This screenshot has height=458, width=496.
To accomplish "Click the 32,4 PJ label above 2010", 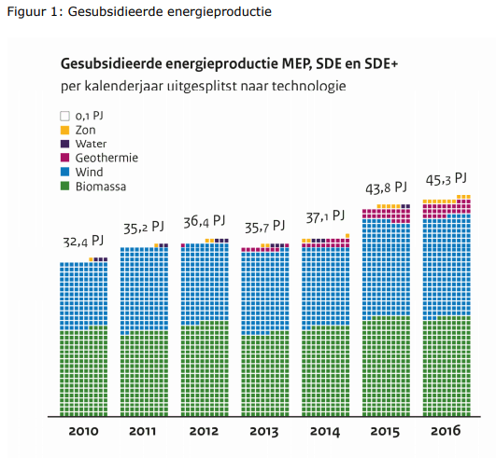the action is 83,242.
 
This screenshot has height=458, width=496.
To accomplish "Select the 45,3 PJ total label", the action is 446,179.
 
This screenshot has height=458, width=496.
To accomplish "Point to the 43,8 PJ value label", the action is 386,188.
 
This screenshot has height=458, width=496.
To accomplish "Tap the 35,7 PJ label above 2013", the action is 264,227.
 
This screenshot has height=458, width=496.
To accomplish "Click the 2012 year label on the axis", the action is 204,431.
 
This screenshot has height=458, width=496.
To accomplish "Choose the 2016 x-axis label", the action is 446,431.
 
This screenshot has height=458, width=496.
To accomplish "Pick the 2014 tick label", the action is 325,432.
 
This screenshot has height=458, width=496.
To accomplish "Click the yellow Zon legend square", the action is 64,131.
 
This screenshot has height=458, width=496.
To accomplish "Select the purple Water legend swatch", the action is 64,144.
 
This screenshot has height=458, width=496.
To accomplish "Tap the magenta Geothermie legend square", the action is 64,158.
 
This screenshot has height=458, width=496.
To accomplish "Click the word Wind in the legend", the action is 89,173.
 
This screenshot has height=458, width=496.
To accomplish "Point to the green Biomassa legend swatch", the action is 64,186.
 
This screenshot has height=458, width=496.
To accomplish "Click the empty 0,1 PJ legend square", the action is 64,116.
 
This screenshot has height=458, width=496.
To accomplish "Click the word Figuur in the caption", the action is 22,12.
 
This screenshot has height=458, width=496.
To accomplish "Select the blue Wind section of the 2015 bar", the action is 386,269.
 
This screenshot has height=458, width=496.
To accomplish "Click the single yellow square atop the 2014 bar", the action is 347,236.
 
